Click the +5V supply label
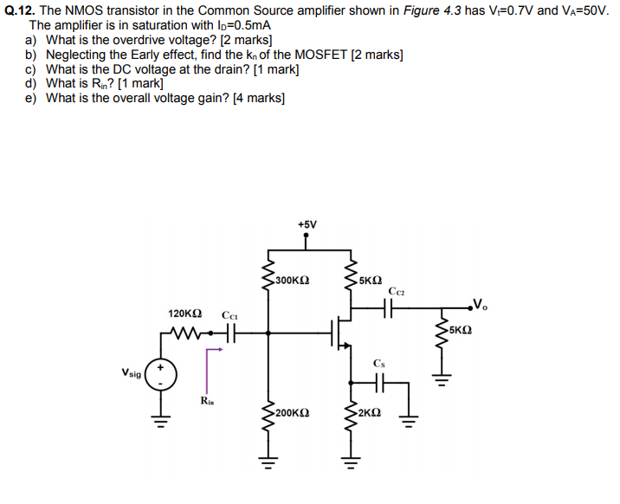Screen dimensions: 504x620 click(307, 224)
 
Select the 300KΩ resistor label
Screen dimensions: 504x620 click(293, 281)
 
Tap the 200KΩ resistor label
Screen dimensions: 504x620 click(292, 415)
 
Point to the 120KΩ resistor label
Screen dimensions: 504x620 click(185, 313)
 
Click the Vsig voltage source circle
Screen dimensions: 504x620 click(160, 376)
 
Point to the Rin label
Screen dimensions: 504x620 click(207, 400)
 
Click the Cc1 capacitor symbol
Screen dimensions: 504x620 click(229, 332)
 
